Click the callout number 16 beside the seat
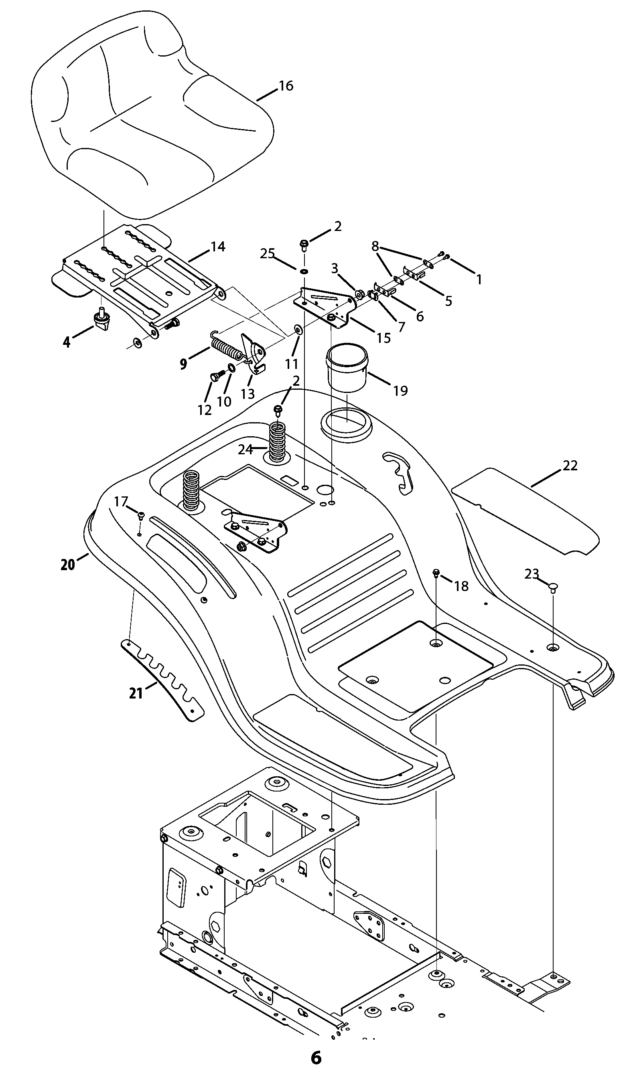point(286,86)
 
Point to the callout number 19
point(400,391)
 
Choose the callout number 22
point(570,466)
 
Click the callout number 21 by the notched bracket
point(136,693)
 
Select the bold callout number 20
point(68,565)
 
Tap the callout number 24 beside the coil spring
point(246,449)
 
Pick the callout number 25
point(268,254)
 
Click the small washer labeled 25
point(304,272)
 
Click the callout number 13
point(248,394)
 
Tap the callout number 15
point(384,338)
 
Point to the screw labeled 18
point(436,573)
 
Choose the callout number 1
point(479,279)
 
